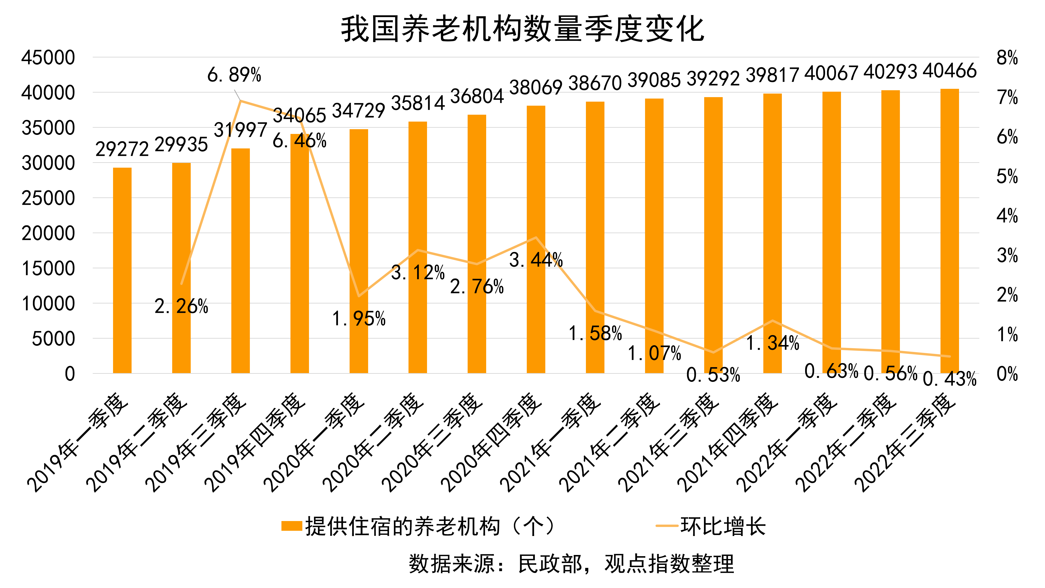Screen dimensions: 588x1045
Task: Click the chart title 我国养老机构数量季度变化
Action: tap(522, 29)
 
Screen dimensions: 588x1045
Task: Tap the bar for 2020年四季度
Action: tap(536, 239)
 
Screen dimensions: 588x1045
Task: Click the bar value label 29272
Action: tap(122, 149)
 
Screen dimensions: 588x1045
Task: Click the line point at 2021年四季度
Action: tap(772, 321)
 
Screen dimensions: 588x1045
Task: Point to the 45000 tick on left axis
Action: tap(48, 57)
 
